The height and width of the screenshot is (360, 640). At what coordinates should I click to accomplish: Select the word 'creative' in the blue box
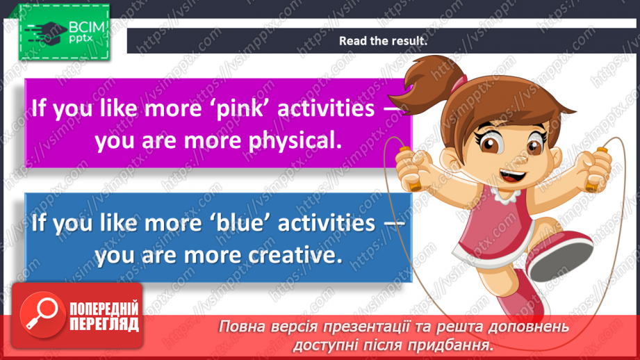(293, 254)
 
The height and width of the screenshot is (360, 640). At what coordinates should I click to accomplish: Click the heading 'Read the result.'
(382, 41)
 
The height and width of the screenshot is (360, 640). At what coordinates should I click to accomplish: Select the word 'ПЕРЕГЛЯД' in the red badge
(105, 324)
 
